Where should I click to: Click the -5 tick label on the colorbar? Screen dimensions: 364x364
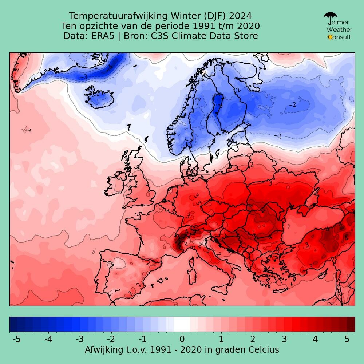(16, 339)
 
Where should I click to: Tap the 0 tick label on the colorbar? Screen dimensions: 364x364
(182, 339)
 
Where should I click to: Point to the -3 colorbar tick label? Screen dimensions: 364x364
(80, 339)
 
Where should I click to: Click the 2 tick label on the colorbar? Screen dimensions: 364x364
(253, 339)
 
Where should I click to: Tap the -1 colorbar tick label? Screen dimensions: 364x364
(143, 339)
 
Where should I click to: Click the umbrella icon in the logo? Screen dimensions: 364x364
(330, 17)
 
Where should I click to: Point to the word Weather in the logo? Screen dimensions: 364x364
(339, 29)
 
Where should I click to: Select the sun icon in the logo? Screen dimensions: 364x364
(330, 37)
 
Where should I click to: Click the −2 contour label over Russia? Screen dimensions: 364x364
(292, 105)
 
